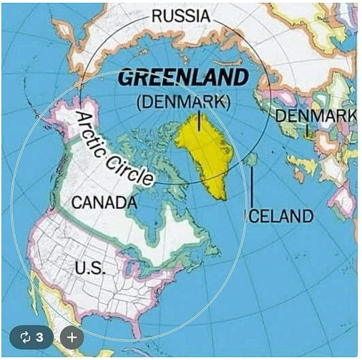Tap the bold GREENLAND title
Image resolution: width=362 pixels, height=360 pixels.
(182, 77)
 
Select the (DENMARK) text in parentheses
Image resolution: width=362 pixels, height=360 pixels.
(183, 102)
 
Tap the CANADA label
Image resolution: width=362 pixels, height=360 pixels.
(104, 203)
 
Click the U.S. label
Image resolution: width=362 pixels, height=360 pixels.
(90, 268)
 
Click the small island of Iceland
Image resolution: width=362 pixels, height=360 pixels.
(250, 160)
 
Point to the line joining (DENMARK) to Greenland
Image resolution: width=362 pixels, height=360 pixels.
(198, 120)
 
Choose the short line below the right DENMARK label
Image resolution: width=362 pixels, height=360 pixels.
(308, 130)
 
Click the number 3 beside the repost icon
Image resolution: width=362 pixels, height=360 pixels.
(40, 336)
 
